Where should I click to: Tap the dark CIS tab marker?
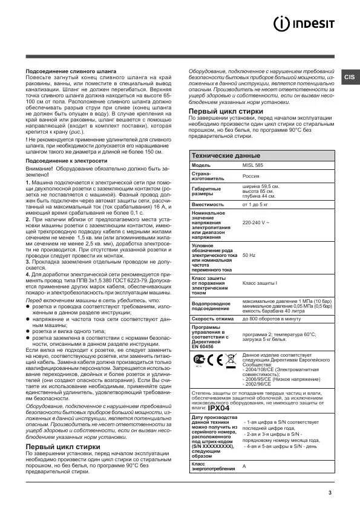(x=350, y=77)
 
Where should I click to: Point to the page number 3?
(x=330, y=493)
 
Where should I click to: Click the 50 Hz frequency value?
(x=249, y=255)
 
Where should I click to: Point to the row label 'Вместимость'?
(x=208, y=204)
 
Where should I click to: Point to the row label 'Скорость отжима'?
(x=213, y=318)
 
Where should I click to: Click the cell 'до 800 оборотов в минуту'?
(x=271, y=318)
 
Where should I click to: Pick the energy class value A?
(x=244, y=467)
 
